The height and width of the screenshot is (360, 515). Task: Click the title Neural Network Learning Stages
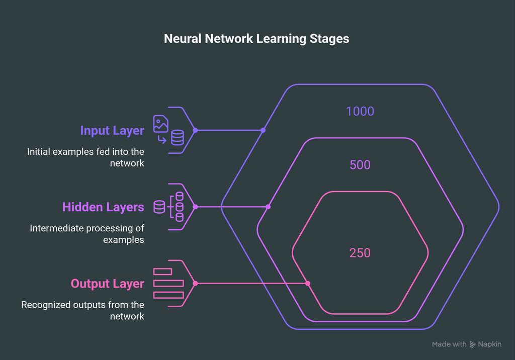click(256, 39)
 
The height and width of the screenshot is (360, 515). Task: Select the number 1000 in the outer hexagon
click(360, 111)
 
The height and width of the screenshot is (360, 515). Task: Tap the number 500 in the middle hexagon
click(360, 165)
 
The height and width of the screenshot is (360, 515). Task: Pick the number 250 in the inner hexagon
click(360, 252)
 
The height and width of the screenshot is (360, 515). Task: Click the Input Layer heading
click(112, 131)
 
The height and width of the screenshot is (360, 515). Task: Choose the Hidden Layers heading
click(103, 207)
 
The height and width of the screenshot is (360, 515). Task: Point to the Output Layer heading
click(107, 284)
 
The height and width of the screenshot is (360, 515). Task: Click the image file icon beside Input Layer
click(161, 124)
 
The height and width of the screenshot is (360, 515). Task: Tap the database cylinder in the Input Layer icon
click(178, 138)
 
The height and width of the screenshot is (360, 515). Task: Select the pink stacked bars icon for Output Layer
click(168, 283)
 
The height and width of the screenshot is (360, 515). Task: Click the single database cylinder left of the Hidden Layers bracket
click(159, 207)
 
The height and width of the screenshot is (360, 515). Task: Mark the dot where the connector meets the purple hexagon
click(263, 130)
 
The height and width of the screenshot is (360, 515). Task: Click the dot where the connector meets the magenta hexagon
click(269, 207)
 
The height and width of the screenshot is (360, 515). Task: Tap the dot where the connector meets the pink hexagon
click(308, 284)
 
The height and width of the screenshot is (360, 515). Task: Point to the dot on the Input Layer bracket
click(195, 130)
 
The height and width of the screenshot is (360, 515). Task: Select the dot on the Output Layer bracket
click(195, 284)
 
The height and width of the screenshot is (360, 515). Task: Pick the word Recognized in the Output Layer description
click(44, 305)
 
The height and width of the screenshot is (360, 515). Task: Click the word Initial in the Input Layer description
click(38, 151)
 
